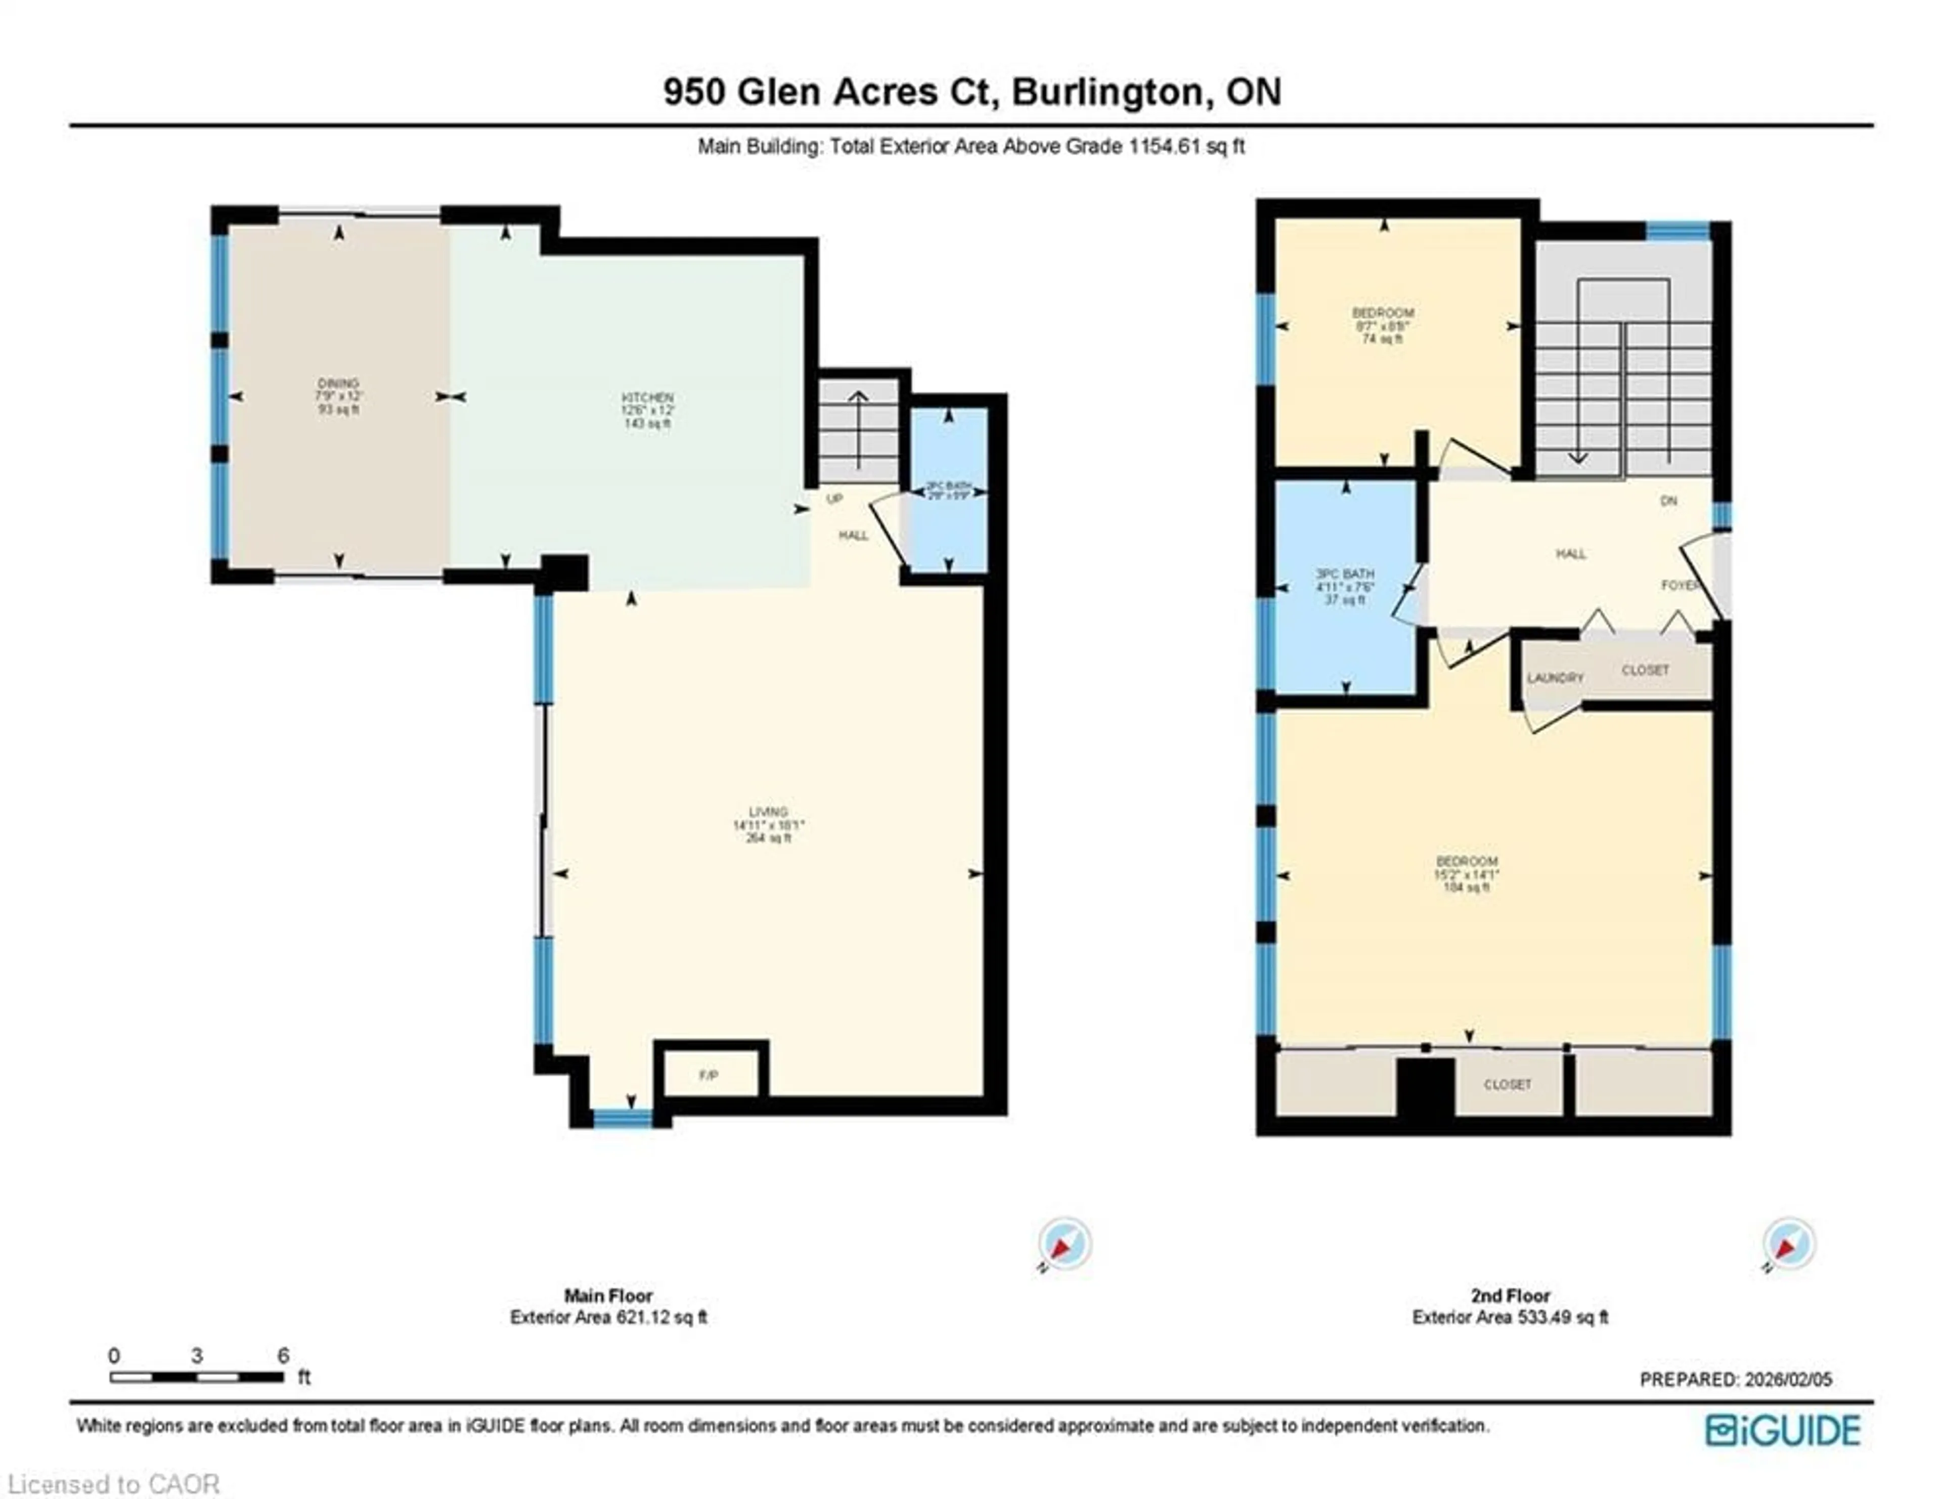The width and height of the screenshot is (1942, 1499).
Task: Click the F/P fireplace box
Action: tap(709, 1075)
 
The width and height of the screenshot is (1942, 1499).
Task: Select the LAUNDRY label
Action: tap(1555, 678)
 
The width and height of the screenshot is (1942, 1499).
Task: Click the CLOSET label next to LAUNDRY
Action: tap(1645, 671)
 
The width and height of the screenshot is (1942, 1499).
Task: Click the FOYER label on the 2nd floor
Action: tap(1679, 585)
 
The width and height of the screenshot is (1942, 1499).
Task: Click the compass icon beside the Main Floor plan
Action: tap(1065, 1243)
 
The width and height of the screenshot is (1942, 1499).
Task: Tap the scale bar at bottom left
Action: tap(197, 1377)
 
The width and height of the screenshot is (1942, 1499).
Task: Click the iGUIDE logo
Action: tap(1782, 1431)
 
